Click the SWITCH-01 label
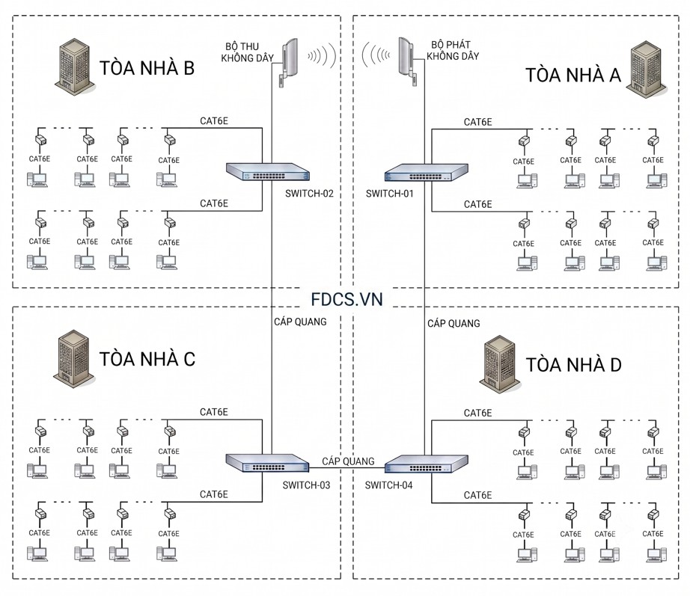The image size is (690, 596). click(x=389, y=194)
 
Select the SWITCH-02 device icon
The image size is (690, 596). click(x=268, y=171)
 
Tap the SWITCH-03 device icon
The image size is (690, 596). click(x=268, y=463)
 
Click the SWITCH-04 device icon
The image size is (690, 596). click(x=426, y=464)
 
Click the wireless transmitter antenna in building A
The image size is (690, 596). click(x=406, y=61)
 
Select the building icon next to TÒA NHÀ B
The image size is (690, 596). click(x=74, y=66)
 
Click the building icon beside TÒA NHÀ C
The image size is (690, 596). click(x=73, y=358)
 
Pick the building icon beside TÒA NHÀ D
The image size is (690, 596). click(x=500, y=364)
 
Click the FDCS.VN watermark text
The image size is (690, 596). click(x=346, y=300)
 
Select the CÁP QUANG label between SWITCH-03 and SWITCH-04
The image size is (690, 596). click(x=348, y=461)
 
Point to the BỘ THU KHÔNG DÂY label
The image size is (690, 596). click(x=247, y=52)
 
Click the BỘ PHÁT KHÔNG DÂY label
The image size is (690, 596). click(x=452, y=50)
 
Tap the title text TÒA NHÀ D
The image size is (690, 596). click(x=573, y=365)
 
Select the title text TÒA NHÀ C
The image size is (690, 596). click(x=147, y=360)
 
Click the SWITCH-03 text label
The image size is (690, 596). click(x=306, y=485)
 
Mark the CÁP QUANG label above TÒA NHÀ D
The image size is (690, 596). click(x=454, y=323)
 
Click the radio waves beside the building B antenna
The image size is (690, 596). click(x=322, y=55)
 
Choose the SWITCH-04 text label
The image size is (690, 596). click(x=388, y=485)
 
